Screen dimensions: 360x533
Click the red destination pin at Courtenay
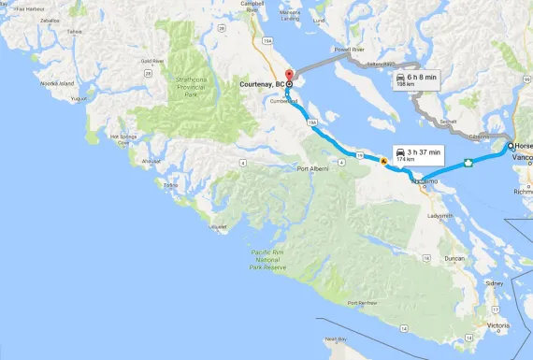[289, 75]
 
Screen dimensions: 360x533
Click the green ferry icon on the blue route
[466, 164]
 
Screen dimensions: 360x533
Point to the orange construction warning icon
[383, 162]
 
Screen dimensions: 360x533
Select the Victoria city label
[498, 326]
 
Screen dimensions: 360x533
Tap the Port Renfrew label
[366, 303]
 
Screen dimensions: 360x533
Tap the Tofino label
[170, 185]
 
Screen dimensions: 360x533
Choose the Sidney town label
[494, 281]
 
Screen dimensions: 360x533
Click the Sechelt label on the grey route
[450, 121]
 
